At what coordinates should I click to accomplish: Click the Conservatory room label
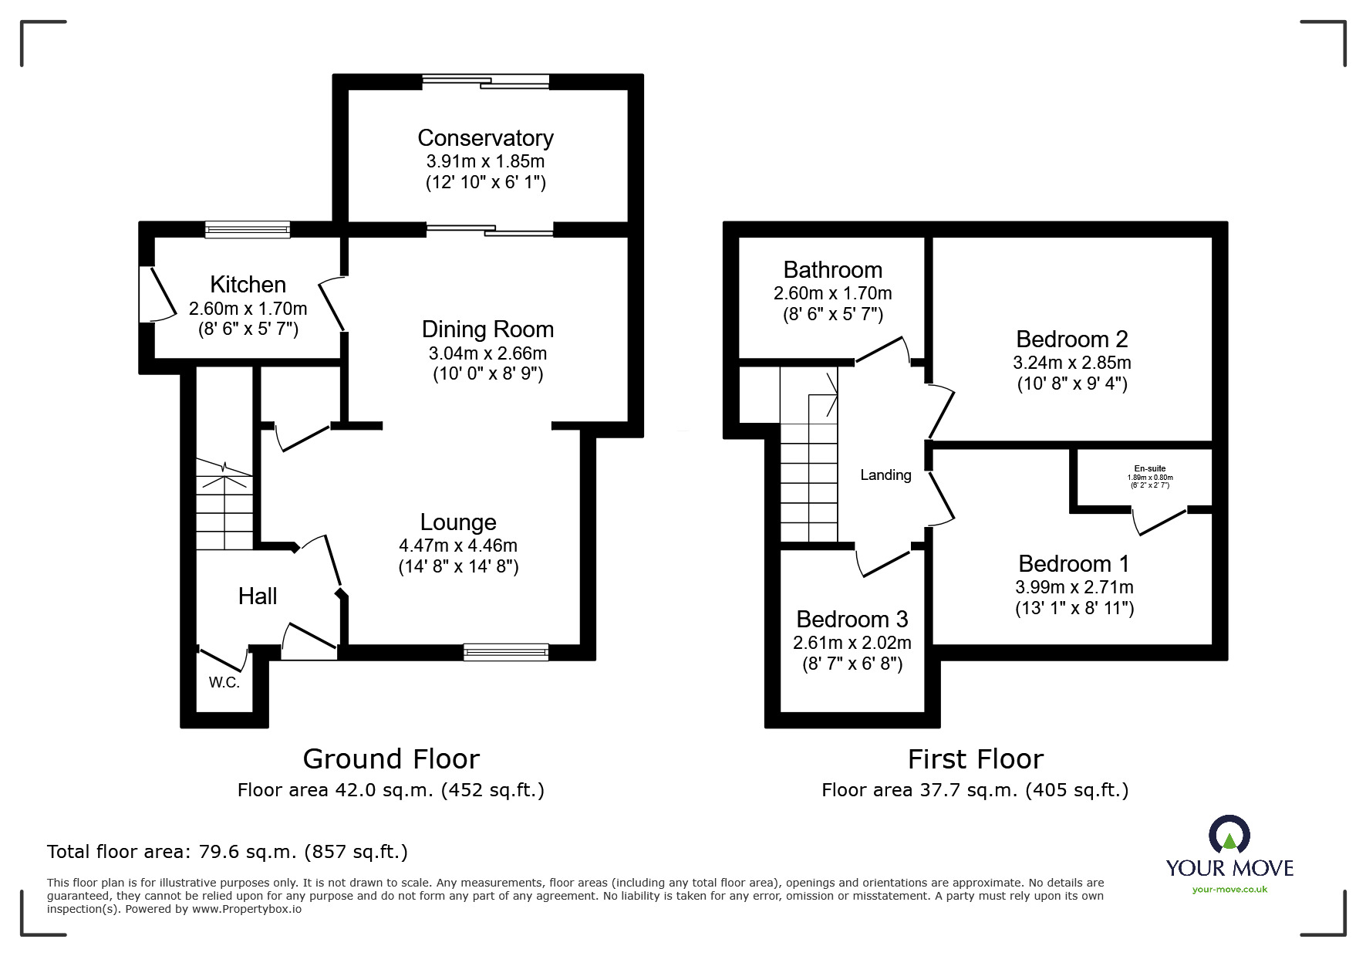485,138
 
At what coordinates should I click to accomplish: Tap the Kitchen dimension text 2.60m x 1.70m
248,309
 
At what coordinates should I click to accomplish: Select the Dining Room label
487,329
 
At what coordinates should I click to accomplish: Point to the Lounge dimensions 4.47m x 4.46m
458,546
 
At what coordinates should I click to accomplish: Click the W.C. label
224,683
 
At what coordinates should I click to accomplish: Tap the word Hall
258,596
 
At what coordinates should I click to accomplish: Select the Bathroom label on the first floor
832,270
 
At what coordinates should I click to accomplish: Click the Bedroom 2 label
1071,339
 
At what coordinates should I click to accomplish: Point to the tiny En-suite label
1149,468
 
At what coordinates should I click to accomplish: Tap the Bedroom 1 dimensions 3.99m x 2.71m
1074,587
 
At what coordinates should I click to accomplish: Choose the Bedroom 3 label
852,620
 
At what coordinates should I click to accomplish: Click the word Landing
885,475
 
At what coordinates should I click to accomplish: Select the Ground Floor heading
391,759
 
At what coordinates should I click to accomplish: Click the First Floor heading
975,759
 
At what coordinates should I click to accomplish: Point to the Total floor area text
228,852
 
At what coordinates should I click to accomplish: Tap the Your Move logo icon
1229,834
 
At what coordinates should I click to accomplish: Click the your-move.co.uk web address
1229,890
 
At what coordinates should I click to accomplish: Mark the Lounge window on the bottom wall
506,653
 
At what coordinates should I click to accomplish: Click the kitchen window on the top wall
248,228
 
